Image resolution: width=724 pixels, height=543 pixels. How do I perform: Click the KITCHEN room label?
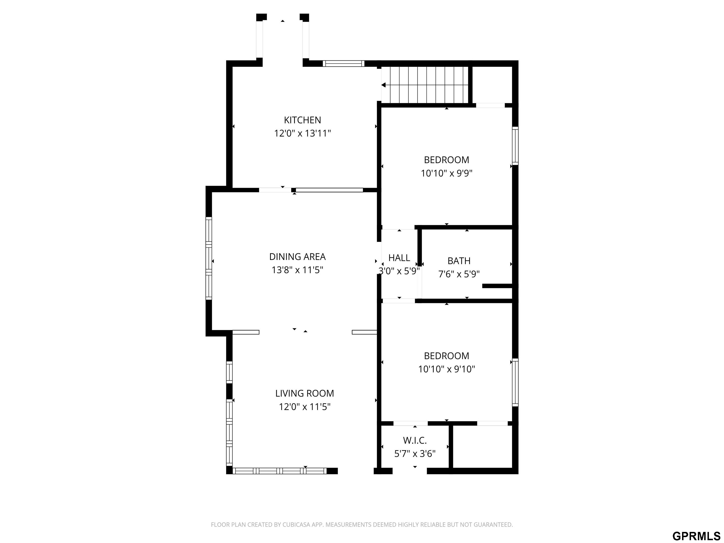pyautogui.click(x=302, y=120)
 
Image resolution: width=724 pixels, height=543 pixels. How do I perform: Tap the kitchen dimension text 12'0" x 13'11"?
pyautogui.click(x=302, y=134)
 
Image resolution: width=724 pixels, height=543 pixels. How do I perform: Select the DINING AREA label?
pyautogui.click(x=297, y=257)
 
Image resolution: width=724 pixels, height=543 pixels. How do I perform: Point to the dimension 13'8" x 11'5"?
pyautogui.click(x=297, y=270)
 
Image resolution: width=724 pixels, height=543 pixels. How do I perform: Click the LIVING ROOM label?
pyautogui.click(x=304, y=393)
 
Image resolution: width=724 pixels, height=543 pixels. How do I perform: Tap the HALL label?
pyautogui.click(x=399, y=258)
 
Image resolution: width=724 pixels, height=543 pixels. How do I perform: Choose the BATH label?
pyautogui.click(x=459, y=261)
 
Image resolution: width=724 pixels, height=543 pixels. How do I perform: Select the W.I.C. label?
pyautogui.click(x=415, y=440)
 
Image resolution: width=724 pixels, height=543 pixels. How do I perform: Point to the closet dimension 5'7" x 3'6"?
pyautogui.click(x=415, y=454)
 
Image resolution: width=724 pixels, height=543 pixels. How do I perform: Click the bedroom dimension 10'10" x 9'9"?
pyautogui.click(x=446, y=173)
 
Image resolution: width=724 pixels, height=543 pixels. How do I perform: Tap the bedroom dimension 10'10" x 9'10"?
pyautogui.click(x=446, y=369)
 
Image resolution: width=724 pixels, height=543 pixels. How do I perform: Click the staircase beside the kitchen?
pyautogui.click(x=425, y=85)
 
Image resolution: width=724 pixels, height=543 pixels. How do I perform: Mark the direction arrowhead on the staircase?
pyautogui.click(x=383, y=85)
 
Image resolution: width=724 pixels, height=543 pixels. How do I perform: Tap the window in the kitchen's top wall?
pyautogui.click(x=343, y=63)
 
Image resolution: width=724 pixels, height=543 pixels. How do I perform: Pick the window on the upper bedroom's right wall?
pyautogui.click(x=515, y=146)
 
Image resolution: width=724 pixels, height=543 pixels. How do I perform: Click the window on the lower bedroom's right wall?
pyautogui.click(x=515, y=382)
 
